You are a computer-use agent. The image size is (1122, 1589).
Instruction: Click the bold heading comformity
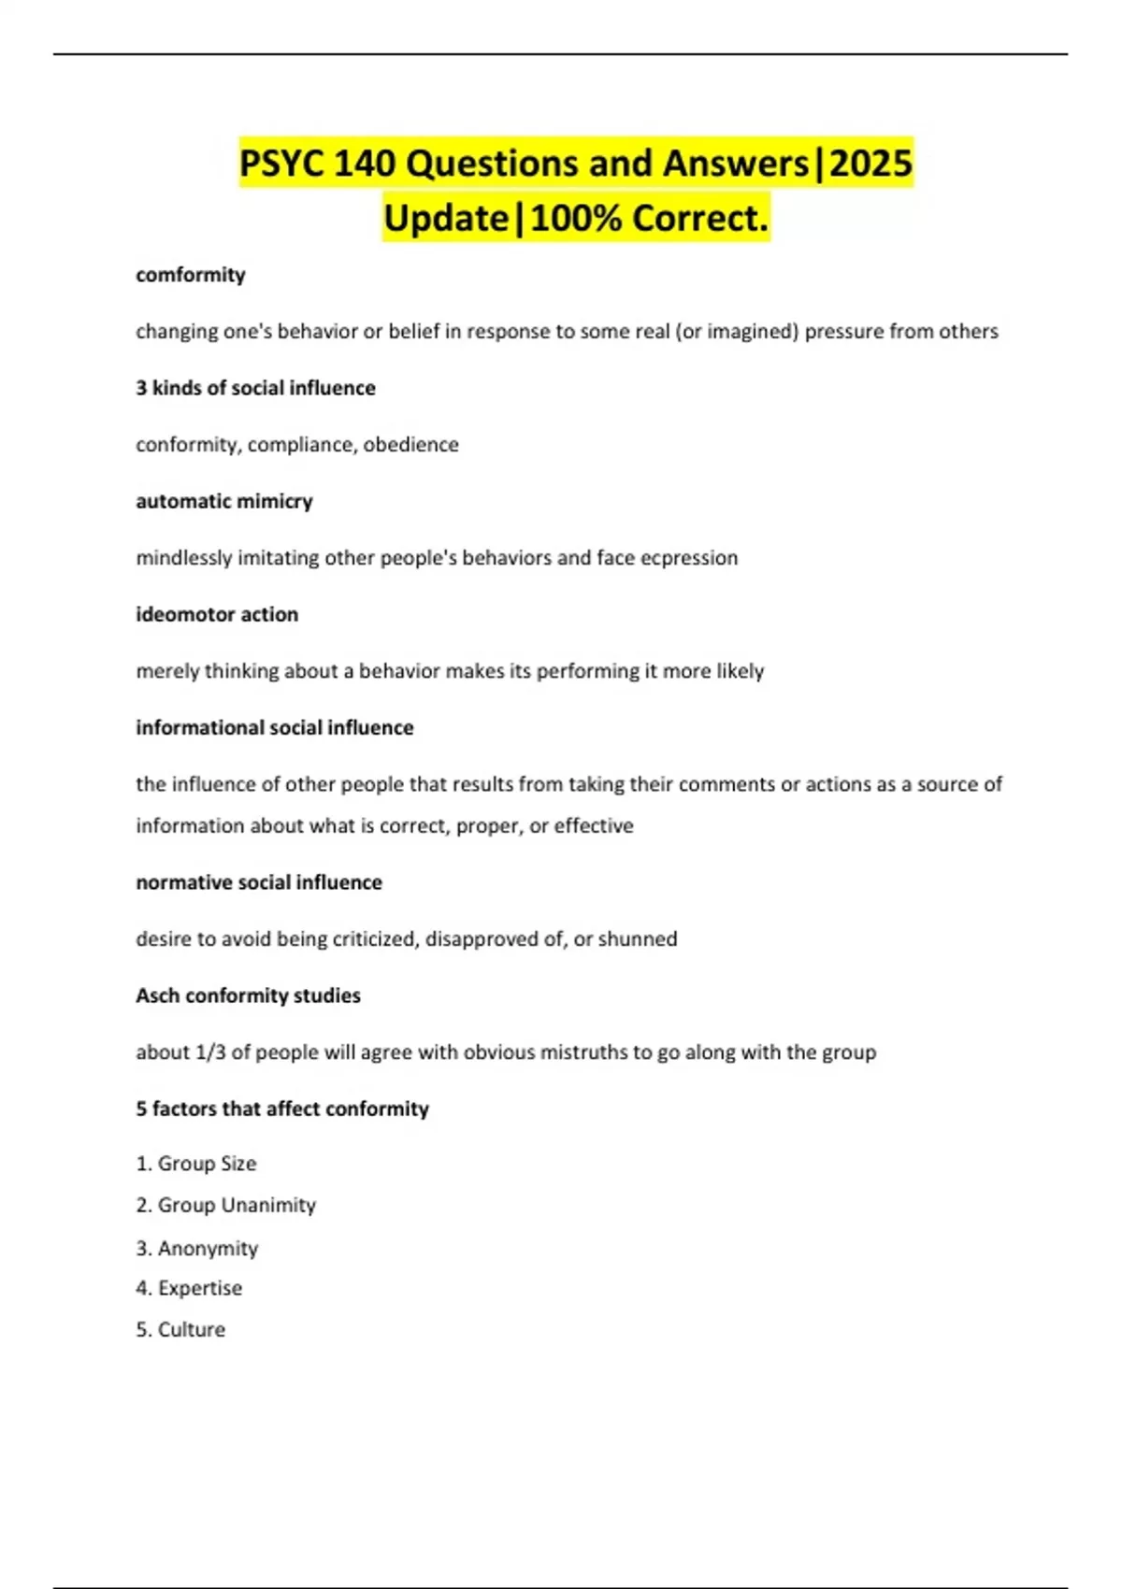coord(191,275)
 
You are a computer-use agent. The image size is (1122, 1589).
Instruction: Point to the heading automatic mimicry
coord(224,501)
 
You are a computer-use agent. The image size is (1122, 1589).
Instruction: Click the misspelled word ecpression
coord(689,558)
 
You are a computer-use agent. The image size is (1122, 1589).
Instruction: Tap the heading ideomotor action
coord(217,614)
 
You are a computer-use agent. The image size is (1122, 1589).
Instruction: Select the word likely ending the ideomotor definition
coord(740,671)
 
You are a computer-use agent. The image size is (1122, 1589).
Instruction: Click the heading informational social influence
coord(275,727)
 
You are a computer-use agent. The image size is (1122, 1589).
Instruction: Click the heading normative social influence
coord(259,882)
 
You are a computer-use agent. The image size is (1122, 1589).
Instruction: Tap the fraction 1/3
coord(210,1052)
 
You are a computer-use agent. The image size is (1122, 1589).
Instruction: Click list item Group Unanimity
coord(236,1206)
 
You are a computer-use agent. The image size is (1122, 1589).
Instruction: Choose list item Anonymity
coord(208,1249)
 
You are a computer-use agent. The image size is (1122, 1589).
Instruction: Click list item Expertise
coord(199,1288)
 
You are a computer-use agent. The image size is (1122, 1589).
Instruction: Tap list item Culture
coord(191,1330)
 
